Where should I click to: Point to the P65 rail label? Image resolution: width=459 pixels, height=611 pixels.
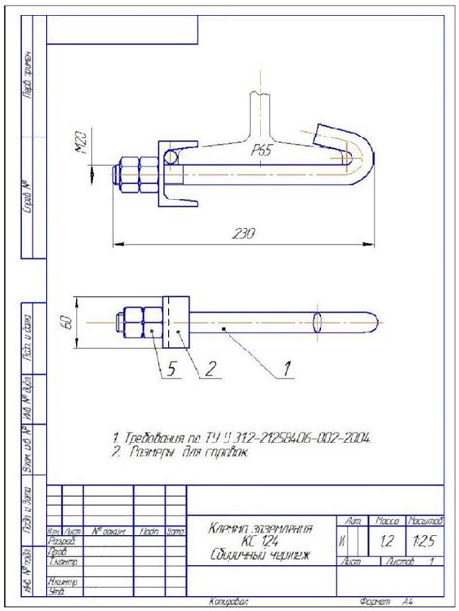coord(261,152)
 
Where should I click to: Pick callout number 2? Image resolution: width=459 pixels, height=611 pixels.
coord(208,367)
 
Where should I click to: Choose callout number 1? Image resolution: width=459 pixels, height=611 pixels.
coord(287,367)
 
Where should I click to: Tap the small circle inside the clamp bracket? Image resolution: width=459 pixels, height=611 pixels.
coord(171,156)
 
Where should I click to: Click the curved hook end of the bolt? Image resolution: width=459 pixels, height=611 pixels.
coord(357,155)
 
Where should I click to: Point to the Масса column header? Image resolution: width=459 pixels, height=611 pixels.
coord(387,522)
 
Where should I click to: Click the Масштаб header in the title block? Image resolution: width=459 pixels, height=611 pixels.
coord(425,522)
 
